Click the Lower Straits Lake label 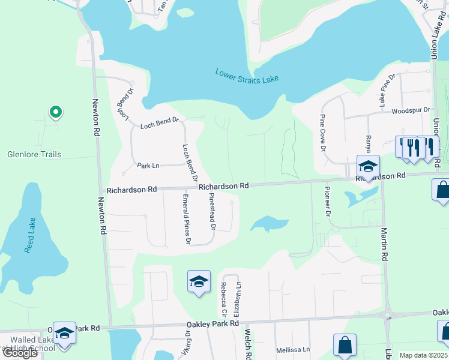coord(246,76)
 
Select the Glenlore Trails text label coord(34,154)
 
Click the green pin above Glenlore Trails coord(55,112)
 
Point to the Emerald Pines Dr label coord(187,219)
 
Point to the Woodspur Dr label coord(411,111)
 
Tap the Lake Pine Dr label coord(387,90)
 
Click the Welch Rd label coord(247,344)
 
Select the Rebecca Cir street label coord(224,299)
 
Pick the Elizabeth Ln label coord(238,299)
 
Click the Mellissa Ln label coord(292,350)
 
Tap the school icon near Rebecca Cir coord(199,281)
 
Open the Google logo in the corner coord(20,353)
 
